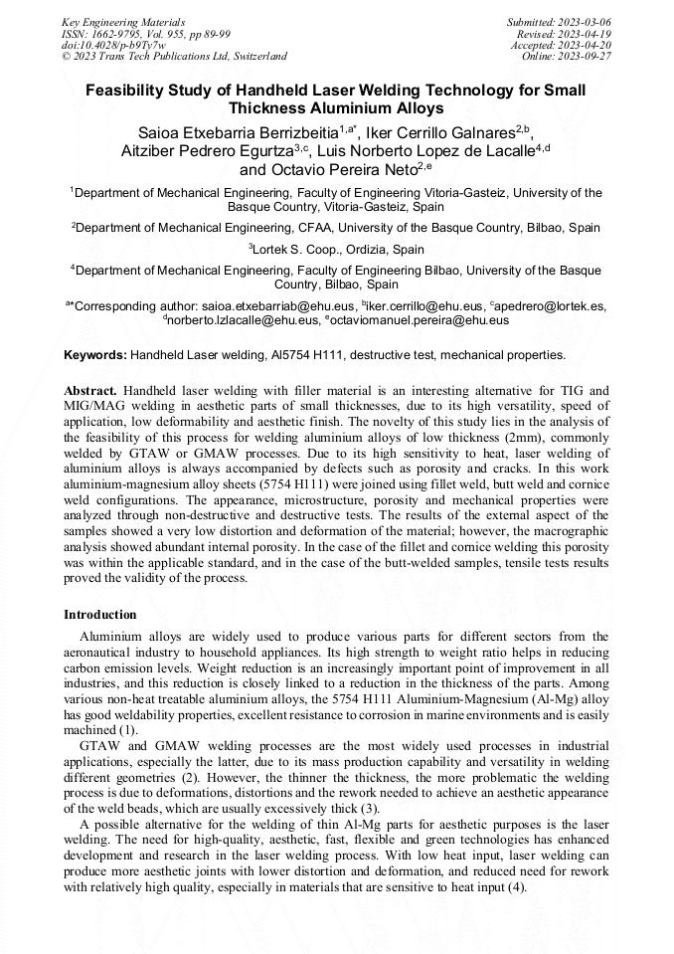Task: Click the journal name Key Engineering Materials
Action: [122, 21]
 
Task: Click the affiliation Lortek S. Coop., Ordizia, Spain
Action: [337, 250]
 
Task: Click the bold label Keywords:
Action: [95, 355]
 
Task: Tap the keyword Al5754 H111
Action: [305, 355]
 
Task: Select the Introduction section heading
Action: [100, 615]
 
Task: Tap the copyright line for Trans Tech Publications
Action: [174, 57]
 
